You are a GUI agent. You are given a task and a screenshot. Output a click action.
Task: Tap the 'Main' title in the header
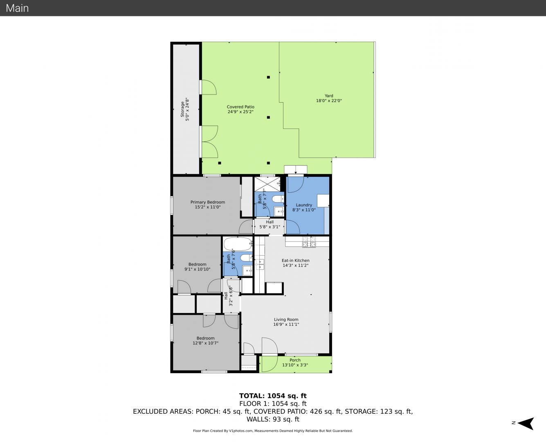pos(17,8)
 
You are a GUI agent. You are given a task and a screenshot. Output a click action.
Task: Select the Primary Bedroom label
pos(208,202)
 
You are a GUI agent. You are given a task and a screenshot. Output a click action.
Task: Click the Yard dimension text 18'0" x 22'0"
pos(329,101)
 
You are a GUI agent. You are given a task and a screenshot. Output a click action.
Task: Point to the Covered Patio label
pos(240,107)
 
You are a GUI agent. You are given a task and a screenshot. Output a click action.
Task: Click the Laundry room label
pos(304,205)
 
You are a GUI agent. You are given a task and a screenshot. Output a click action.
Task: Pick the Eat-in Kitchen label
pos(296,260)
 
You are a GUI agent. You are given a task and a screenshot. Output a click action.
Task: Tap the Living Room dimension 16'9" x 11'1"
pos(286,324)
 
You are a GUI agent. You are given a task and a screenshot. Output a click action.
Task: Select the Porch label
pos(295,360)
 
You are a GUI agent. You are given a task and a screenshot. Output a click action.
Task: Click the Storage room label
pos(182,109)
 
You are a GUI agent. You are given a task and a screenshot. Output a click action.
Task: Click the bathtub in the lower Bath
pos(238,244)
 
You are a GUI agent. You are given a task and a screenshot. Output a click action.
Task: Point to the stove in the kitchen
pos(309,242)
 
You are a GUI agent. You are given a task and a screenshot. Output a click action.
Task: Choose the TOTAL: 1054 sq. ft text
pos(273,396)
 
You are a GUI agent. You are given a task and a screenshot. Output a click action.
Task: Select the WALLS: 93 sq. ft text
pos(273,419)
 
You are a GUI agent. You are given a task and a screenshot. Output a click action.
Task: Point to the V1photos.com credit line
pos(273,431)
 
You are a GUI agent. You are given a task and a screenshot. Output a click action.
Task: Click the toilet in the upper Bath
pos(277,199)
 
